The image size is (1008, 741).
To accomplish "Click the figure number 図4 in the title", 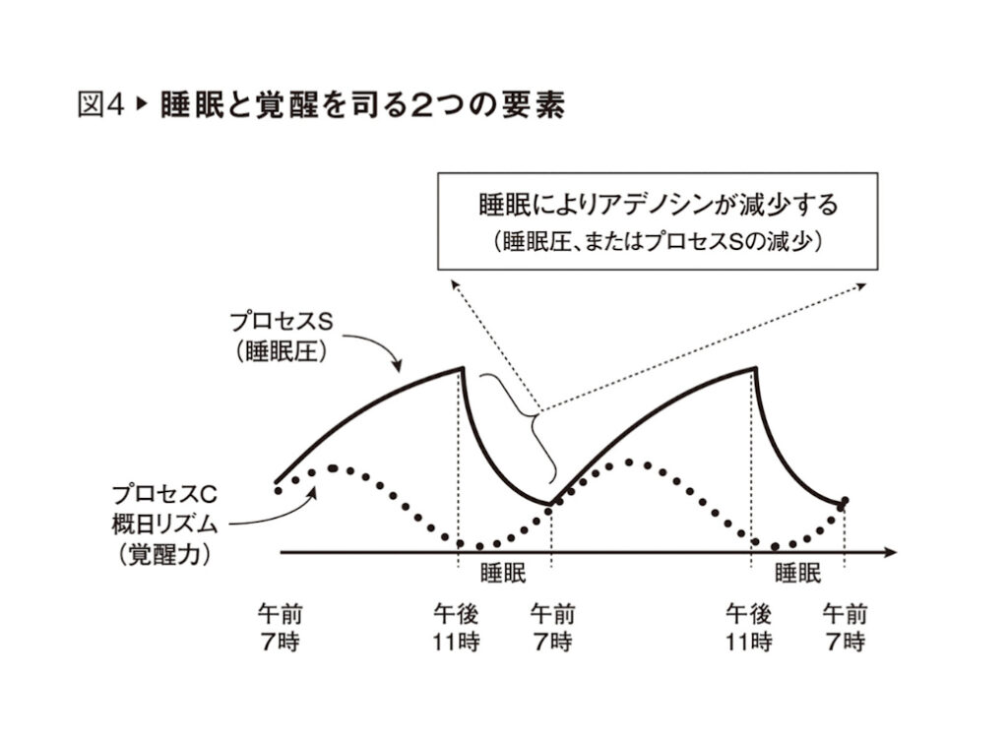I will [x=101, y=105].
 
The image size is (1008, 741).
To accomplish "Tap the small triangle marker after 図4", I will [x=140, y=105].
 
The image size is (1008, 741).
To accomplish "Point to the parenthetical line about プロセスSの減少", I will [x=657, y=241].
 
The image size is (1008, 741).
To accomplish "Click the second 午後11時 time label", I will [x=749, y=628].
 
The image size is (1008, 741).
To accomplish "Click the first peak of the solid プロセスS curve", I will [x=462, y=368].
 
